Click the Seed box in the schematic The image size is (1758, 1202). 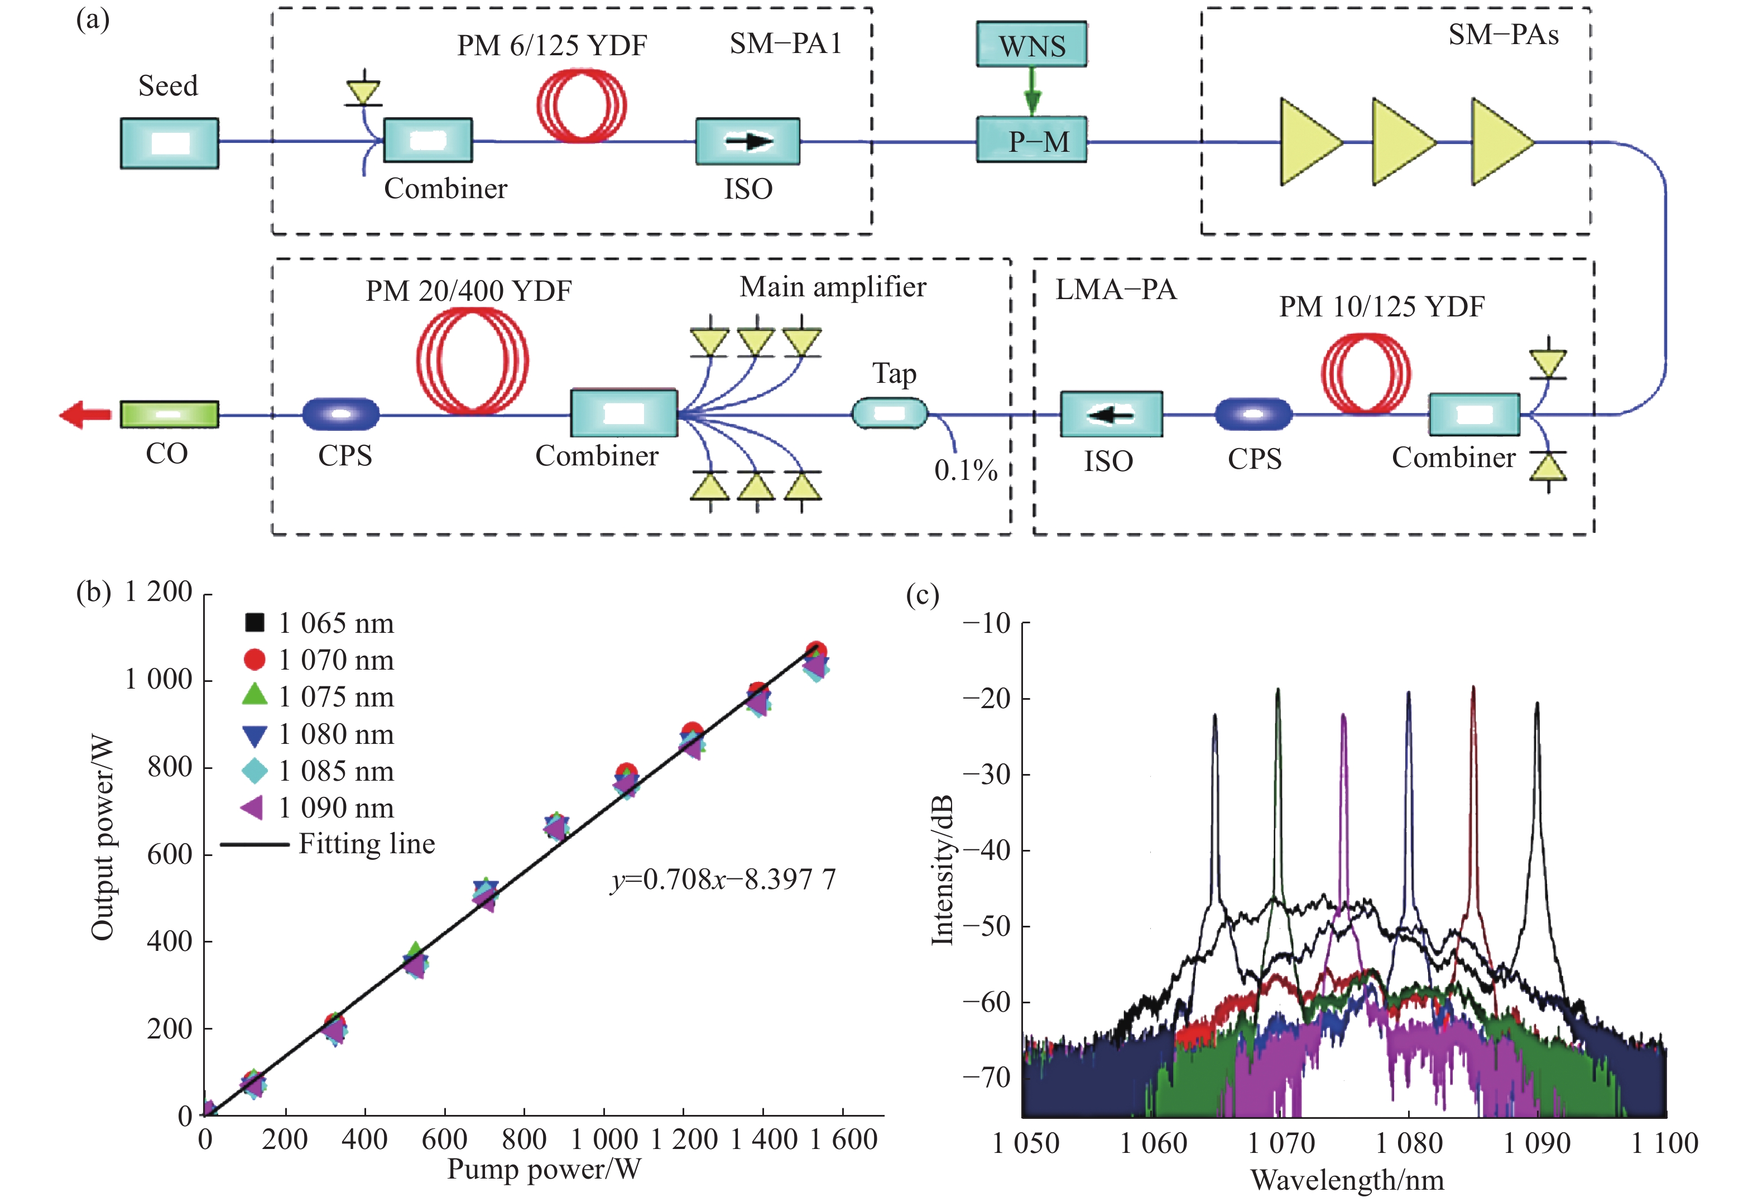[x=170, y=143]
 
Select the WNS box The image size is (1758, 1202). [x=1031, y=45]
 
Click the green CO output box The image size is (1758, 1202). [x=170, y=415]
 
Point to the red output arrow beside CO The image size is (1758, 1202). [x=85, y=415]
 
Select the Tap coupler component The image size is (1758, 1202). [x=890, y=414]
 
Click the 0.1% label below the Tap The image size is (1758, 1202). [x=966, y=470]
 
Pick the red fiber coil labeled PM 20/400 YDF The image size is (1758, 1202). [x=472, y=362]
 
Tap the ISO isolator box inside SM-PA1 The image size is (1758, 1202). [x=747, y=141]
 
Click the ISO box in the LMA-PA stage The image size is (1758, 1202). [x=1111, y=414]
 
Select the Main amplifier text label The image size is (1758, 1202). [x=832, y=287]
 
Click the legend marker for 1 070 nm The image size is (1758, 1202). [x=255, y=660]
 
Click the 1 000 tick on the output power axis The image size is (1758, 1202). [x=159, y=679]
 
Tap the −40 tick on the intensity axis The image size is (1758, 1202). [x=986, y=850]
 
